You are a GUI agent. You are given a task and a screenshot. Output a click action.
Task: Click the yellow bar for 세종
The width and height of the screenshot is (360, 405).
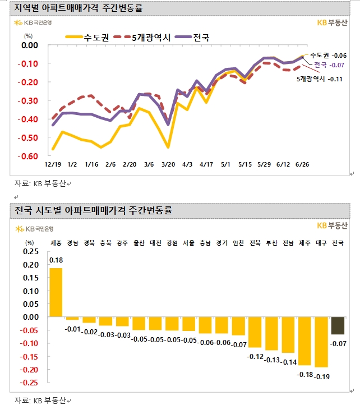pyautogui.click(x=56, y=292)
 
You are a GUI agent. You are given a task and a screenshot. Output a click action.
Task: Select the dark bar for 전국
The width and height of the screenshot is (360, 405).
pyautogui.click(x=338, y=325)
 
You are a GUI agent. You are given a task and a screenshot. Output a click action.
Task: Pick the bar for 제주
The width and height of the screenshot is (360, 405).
pyautogui.click(x=304, y=340)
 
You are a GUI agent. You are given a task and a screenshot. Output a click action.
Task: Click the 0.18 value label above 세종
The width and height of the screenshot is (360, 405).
pyautogui.click(x=56, y=260)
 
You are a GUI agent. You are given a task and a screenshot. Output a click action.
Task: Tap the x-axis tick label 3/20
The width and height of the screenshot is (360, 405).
pyautogui.click(x=168, y=164)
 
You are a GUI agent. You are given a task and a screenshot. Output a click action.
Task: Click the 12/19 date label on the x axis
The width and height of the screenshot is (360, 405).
pyautogui.click(x=53, y=164)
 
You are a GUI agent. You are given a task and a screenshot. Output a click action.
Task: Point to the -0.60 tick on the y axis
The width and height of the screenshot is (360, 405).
pyautogui.click(x=29, y=156)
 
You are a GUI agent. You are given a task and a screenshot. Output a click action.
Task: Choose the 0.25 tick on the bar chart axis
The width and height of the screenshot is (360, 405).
pyautogui.click(x=31, y=251)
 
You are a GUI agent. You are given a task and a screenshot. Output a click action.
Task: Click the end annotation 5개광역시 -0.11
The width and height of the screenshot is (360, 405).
pyautogui.click(x=320, y=79)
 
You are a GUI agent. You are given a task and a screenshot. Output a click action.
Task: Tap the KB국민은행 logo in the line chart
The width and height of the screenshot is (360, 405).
pyautogui.click(x=35, y=24)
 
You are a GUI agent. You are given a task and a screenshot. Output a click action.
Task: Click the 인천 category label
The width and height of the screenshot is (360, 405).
pyautogui.click(x=238, y=243)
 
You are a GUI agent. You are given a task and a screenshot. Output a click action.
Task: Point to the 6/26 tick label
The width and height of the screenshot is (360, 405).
pyautogui.click(x=303, y=164)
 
